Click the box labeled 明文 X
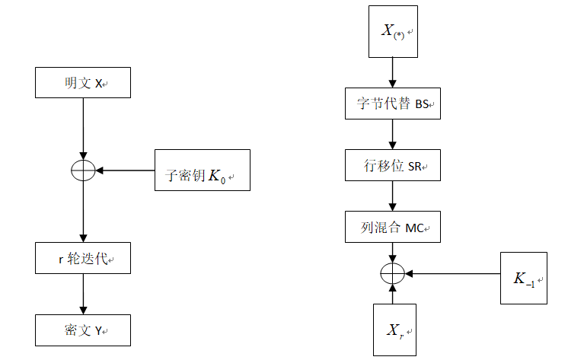82,82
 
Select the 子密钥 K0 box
202,170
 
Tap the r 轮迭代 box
82,258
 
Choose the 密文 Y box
82,330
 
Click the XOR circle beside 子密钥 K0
83,170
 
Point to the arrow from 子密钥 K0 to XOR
126,170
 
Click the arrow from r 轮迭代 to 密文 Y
83,293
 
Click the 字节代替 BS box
393,104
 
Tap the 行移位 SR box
393,164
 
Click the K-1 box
523,279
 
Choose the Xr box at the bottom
393,329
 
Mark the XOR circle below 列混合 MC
393,272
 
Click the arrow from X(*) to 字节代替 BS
393,73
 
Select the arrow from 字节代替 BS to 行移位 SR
393,134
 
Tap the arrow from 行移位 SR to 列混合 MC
393,195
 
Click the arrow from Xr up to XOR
393,294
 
